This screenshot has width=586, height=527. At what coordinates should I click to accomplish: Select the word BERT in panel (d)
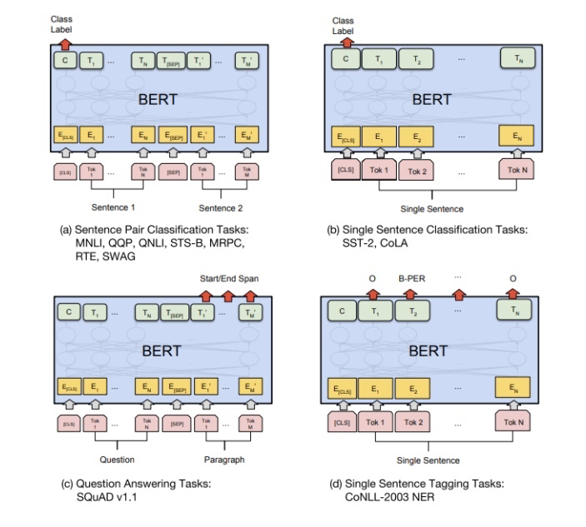click(x=428, y=351)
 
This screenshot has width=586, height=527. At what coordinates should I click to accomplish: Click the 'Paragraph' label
click(x=223, y=459)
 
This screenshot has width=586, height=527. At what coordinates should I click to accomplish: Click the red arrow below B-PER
click(x=411, y=293)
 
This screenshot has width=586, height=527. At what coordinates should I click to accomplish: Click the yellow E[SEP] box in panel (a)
click(x=173, y=133)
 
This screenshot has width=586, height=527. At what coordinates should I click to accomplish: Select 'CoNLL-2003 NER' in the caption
click(x=385, y=498)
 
